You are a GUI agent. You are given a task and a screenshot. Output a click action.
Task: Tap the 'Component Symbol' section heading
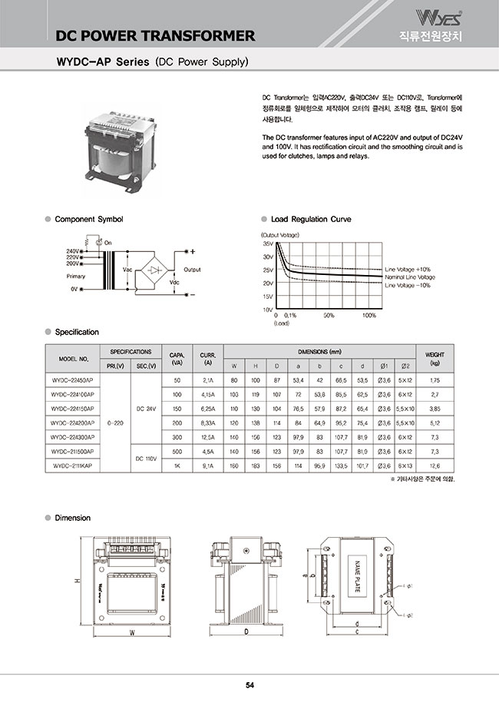pos(88,220)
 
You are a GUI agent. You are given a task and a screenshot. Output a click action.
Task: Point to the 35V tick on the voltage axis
pos(268,243)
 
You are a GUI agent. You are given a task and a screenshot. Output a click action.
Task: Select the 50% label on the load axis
pos(329,315)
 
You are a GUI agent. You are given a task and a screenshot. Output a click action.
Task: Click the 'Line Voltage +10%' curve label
pos(408,270)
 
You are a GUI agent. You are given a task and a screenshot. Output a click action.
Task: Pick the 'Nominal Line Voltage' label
pos(410,277)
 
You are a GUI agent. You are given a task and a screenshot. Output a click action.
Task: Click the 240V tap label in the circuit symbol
pos(73,251)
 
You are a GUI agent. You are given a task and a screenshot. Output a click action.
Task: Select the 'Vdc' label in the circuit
pos(174,282)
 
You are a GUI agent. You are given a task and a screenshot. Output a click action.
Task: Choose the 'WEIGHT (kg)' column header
pos(435,359)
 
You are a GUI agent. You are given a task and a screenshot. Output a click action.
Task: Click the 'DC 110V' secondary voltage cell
pos(146,458)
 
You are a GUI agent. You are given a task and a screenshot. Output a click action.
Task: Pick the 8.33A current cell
pos(207,423)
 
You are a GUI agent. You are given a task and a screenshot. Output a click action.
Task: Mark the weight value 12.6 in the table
pos(435,466)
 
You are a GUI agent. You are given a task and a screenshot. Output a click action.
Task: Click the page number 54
pos(249,686)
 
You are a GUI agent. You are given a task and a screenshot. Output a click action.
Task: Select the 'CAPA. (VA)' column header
pos(177,359)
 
